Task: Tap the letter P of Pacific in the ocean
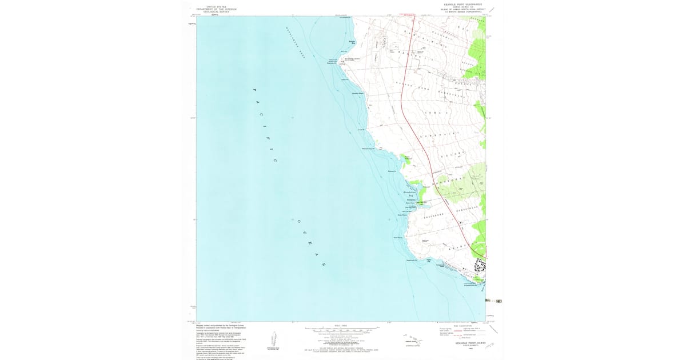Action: pos(254,90)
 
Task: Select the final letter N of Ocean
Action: pos(323,265)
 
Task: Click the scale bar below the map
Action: pos(342,329)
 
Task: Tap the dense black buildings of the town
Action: pos(479,266)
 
